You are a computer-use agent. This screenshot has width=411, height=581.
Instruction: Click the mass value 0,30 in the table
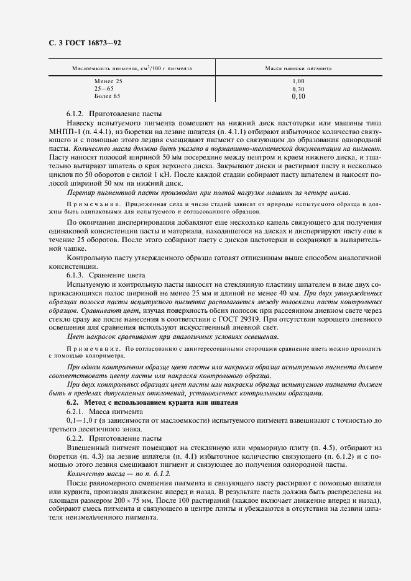tap(298, 89)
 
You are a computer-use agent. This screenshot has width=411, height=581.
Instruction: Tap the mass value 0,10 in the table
tap(298, 97)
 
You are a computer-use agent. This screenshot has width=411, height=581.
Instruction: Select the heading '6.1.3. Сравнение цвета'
tap(106, 274)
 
